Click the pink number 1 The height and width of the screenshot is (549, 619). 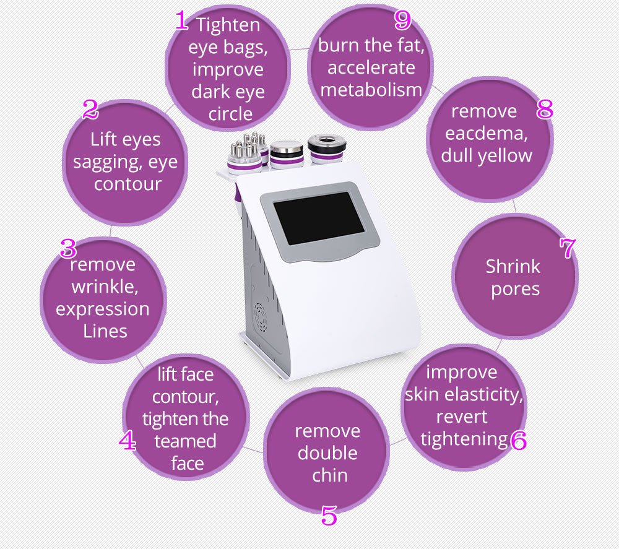[x=181, y=22]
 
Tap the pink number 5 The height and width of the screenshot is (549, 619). [x=329, y=515]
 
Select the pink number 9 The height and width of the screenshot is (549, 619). [x=402, y=20]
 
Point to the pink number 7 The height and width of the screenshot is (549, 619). [x=567, y=249]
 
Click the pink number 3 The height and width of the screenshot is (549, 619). [x=68, y=249]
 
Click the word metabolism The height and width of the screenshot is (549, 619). [x=371, y=90]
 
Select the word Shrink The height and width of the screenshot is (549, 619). [x=513, y=267]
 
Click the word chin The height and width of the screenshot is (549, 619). [x=329, y=475]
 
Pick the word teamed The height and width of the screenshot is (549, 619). [x=186, y=441]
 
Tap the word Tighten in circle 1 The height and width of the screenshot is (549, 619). [x=228, y=25]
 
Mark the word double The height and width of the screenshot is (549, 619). [x=327, y=453]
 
